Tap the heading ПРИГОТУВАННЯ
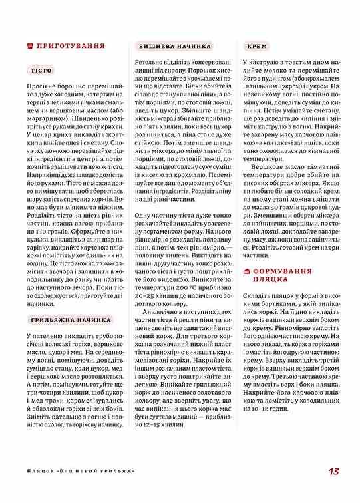pyautogui.click(x=71, y=46)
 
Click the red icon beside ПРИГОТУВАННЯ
pyautogui.click(x=29, y=46)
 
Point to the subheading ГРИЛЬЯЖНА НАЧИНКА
pyautogui.click(x=70, y=321)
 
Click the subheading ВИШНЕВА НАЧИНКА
pyautogui.click(x=176, y=47)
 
